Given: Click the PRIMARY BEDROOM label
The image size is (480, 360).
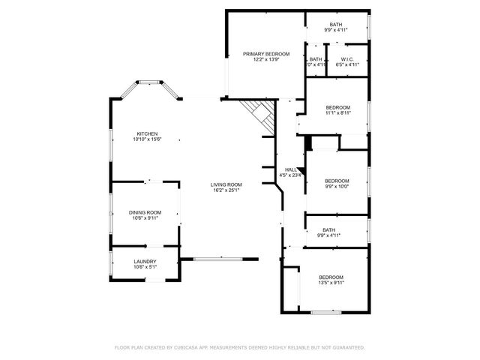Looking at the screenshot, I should pos(266,54).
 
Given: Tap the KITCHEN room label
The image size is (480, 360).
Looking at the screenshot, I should pos(147,133).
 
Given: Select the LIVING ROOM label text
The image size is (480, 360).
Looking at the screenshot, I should pos(226,184).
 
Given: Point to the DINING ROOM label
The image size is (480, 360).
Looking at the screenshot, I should pos(145,212).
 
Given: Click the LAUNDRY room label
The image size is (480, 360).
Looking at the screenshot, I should pos(145,262).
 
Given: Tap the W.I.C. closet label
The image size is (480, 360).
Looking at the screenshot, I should pos(346,58).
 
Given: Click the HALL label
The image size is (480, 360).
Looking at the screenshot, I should pos(289,169).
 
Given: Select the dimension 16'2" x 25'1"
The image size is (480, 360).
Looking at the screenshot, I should pos(226,190).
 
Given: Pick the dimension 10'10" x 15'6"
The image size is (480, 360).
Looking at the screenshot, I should pos(147,139).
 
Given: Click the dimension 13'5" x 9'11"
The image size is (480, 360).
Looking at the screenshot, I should pos(331,283).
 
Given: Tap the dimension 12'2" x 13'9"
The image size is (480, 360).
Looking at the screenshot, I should pos(266,60).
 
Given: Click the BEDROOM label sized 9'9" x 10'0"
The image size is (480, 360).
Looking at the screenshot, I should pos(336,181).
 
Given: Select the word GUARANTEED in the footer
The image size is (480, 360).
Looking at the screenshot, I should pos(349,347).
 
